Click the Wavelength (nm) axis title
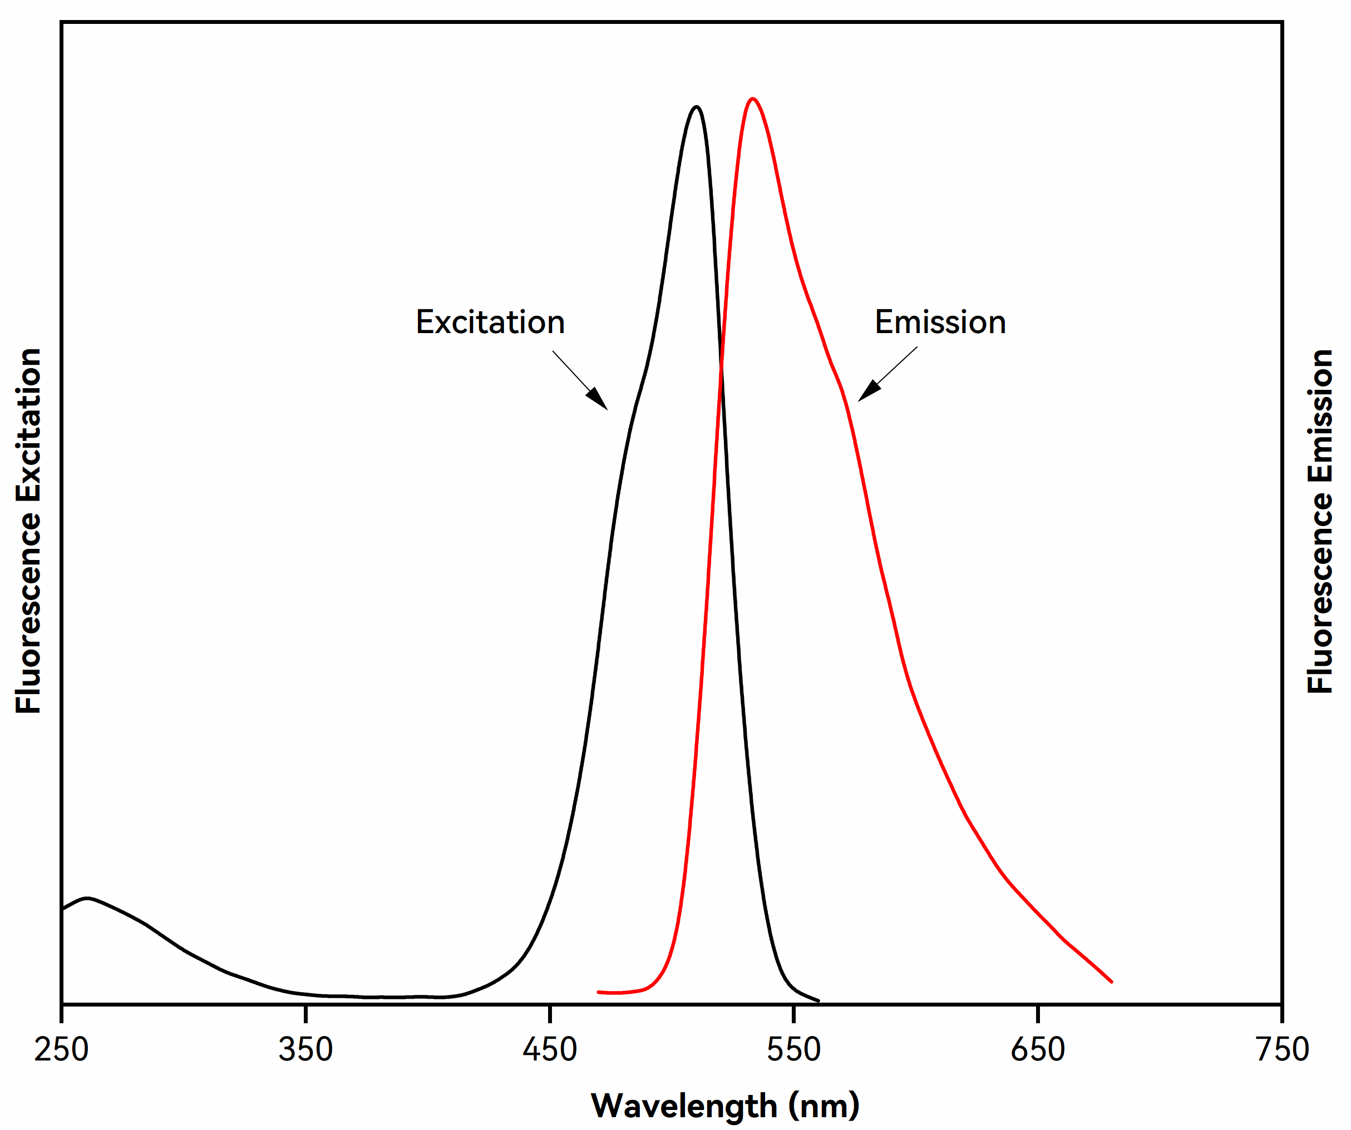click(725, 1106)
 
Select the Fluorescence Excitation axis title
click(29, 531)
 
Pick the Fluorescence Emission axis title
click(1320, 521)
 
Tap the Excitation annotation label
click(490, 322)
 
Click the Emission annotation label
click(940, 322)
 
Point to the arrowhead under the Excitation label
click(598, 400)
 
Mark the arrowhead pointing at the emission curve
click(868, 391)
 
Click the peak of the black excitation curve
click(697, 107)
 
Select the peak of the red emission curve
click(753, 98)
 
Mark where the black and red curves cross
click(721, 366)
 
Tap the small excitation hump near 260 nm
click(87, 898)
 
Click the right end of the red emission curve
click(1111, 982)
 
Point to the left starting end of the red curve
click(599, 992)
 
